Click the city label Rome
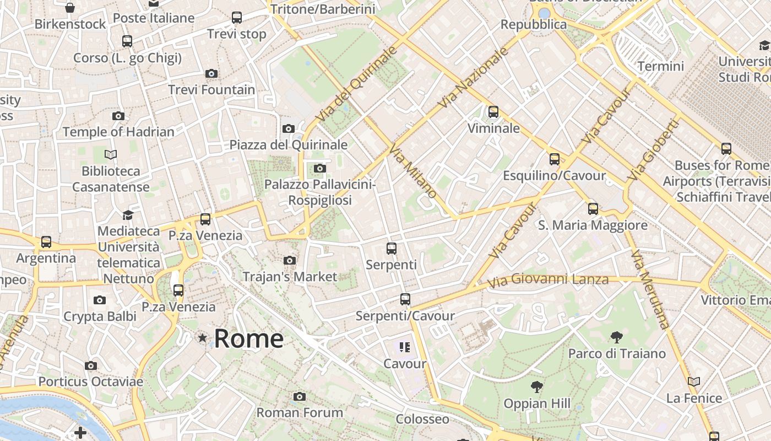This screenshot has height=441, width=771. click(x=248, y=338)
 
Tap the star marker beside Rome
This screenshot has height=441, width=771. click(x=203, y=337)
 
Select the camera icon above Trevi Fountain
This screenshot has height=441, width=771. click(x=211, y=73)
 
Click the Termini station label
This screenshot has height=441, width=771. click(x=660, y=66)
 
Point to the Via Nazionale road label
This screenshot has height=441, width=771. click(x=473, y=77)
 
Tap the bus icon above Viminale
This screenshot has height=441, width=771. click(x=493, y=112)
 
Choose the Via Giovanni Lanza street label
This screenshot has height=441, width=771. click(x=547, y=280)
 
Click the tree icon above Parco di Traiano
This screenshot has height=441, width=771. click(x=617, y=337)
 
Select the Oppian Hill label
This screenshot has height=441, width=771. click(x=537, y=404)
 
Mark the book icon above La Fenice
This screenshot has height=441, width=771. click(x=693, y=381)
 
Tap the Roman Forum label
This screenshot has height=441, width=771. click(x=300, y=412)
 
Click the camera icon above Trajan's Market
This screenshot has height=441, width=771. click(x=289, y=260)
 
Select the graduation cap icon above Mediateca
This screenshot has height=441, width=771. click(x=128, y=215)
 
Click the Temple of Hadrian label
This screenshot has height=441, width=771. click(x=118, y=132)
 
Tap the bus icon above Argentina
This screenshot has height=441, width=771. click(x=46, y=242)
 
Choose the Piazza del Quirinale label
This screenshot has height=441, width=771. click(x=289, y=145)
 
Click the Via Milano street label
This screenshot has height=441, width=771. click(x=413, y=171)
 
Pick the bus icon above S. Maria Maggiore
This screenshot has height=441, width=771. click(x=593, y=209)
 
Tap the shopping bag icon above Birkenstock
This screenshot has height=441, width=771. click(x=70, y=8)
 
